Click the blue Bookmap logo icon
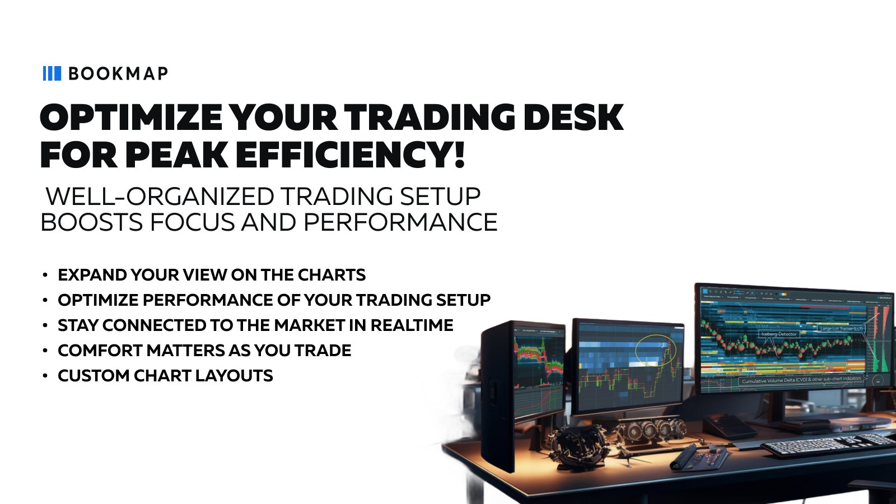click(x=52, y=73)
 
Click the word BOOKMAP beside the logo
click(x=118, y=74)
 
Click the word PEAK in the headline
click(x=176, y=155)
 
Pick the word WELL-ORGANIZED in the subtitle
click(x=160, y=197)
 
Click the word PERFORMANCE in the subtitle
click(x=400, y=222)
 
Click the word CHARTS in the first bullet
click(x=332, y=275)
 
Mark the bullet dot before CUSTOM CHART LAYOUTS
click(x=45, y=376)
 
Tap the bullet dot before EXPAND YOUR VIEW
click(x=45, y=275)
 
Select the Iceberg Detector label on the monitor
click(x=778, y=334)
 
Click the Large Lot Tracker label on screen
click(x=841, y=329)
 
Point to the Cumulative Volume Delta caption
click(x=801, y=380)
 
